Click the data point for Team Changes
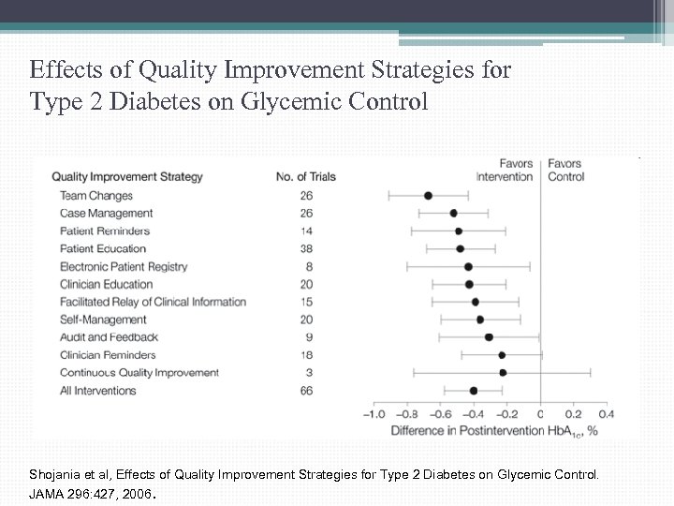428,196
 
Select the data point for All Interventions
474,391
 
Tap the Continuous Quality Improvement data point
503,373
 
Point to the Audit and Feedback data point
489,337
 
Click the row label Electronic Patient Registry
124,266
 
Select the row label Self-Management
103,320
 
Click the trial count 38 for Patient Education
307,248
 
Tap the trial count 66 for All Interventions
307,391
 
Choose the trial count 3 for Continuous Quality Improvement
310,373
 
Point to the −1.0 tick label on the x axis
374,413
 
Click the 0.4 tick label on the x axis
606,413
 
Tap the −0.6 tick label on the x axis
440,413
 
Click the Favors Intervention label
505,170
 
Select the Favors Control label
565,170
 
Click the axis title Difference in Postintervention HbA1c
493,431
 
